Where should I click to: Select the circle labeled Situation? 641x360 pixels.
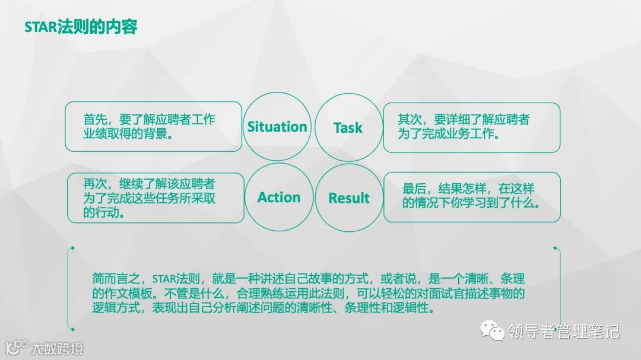click(x=277, y=126)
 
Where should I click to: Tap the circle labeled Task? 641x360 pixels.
click(x=348, y=127)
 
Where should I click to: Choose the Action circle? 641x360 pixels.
click(x=279, y=197)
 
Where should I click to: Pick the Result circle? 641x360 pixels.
click(x=349, y=198)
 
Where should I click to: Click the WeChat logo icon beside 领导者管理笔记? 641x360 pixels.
click(x=492, y=330)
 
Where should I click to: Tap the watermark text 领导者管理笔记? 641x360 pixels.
click(x=563, y=332)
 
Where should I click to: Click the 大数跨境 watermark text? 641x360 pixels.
click(x=56, y=348)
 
